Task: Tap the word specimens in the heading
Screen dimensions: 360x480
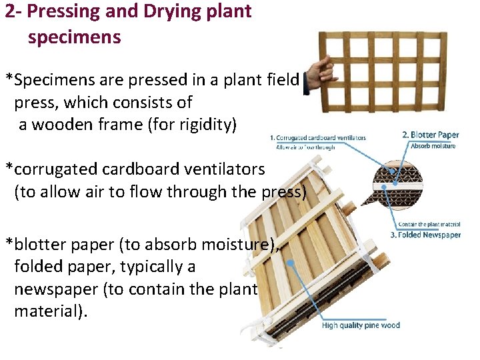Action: click(x=75, y=37)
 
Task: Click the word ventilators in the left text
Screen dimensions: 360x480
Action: click(x=219, y=169)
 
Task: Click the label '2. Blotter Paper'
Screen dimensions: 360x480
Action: click(x=431, y=135)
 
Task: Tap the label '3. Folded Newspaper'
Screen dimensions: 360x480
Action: click(x=425, y=235)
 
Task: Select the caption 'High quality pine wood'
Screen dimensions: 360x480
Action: click(x=361, y=325)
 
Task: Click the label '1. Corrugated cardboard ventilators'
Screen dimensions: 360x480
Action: click(x=318, y=138)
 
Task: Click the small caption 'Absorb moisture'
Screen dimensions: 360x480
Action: click(x=433, y=146)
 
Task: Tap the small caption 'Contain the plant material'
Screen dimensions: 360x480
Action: click(x=429, y=225)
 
